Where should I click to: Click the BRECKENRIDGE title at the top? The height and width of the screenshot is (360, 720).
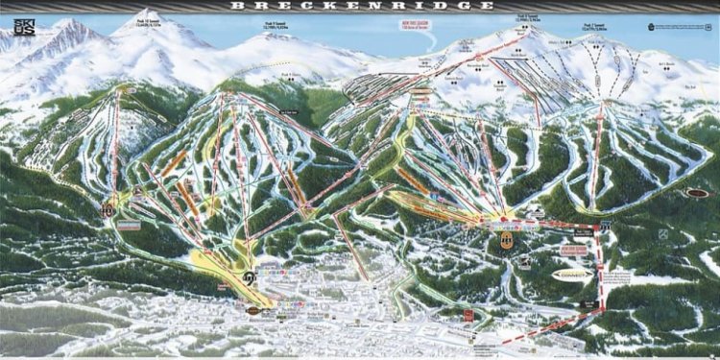tap(359, 6)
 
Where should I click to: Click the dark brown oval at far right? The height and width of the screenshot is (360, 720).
tap(698, 193)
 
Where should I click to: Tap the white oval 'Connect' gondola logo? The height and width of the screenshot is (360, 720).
tap(574, 274)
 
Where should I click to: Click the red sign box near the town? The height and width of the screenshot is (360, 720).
tap(469, 315)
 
